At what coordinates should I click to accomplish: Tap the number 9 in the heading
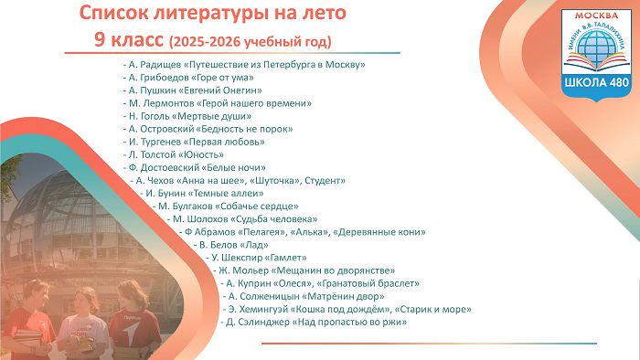pyautogui.click(x=100, y=40)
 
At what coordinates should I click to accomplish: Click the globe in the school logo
pyautogui.click(x=596, y=45)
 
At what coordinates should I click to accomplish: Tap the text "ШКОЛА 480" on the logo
pyautogui.click(x=596, y=83)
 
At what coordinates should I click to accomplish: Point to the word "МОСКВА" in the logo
pyautogui.click(x=596, y=16)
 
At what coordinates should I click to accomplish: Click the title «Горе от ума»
pyautogui.click(x=222, y=78)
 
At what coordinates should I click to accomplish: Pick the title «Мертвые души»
pyautogui.click(x=211, y=116)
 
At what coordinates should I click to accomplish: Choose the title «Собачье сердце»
pyautogui.click(x=256, y=206)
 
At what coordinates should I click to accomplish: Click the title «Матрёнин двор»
pyautogui.click(x=343, y=296)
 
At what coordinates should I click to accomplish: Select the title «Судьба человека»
pyautogui.click(x=274, y=219)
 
